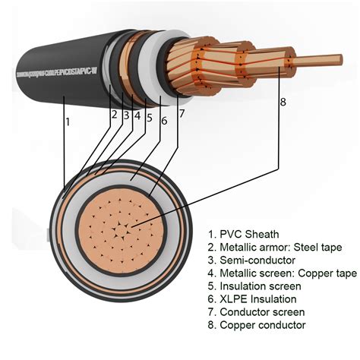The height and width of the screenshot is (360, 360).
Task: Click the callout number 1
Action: (x=68, y=121)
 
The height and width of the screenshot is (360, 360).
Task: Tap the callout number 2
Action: (x=114, y=115)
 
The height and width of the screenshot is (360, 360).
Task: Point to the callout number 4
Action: (x=137, y=116)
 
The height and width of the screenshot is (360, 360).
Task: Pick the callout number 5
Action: (x=150, y=118)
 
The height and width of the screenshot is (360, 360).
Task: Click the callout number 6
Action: (x=165, y=120)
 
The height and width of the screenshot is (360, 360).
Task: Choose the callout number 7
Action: (x=182, y=115)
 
